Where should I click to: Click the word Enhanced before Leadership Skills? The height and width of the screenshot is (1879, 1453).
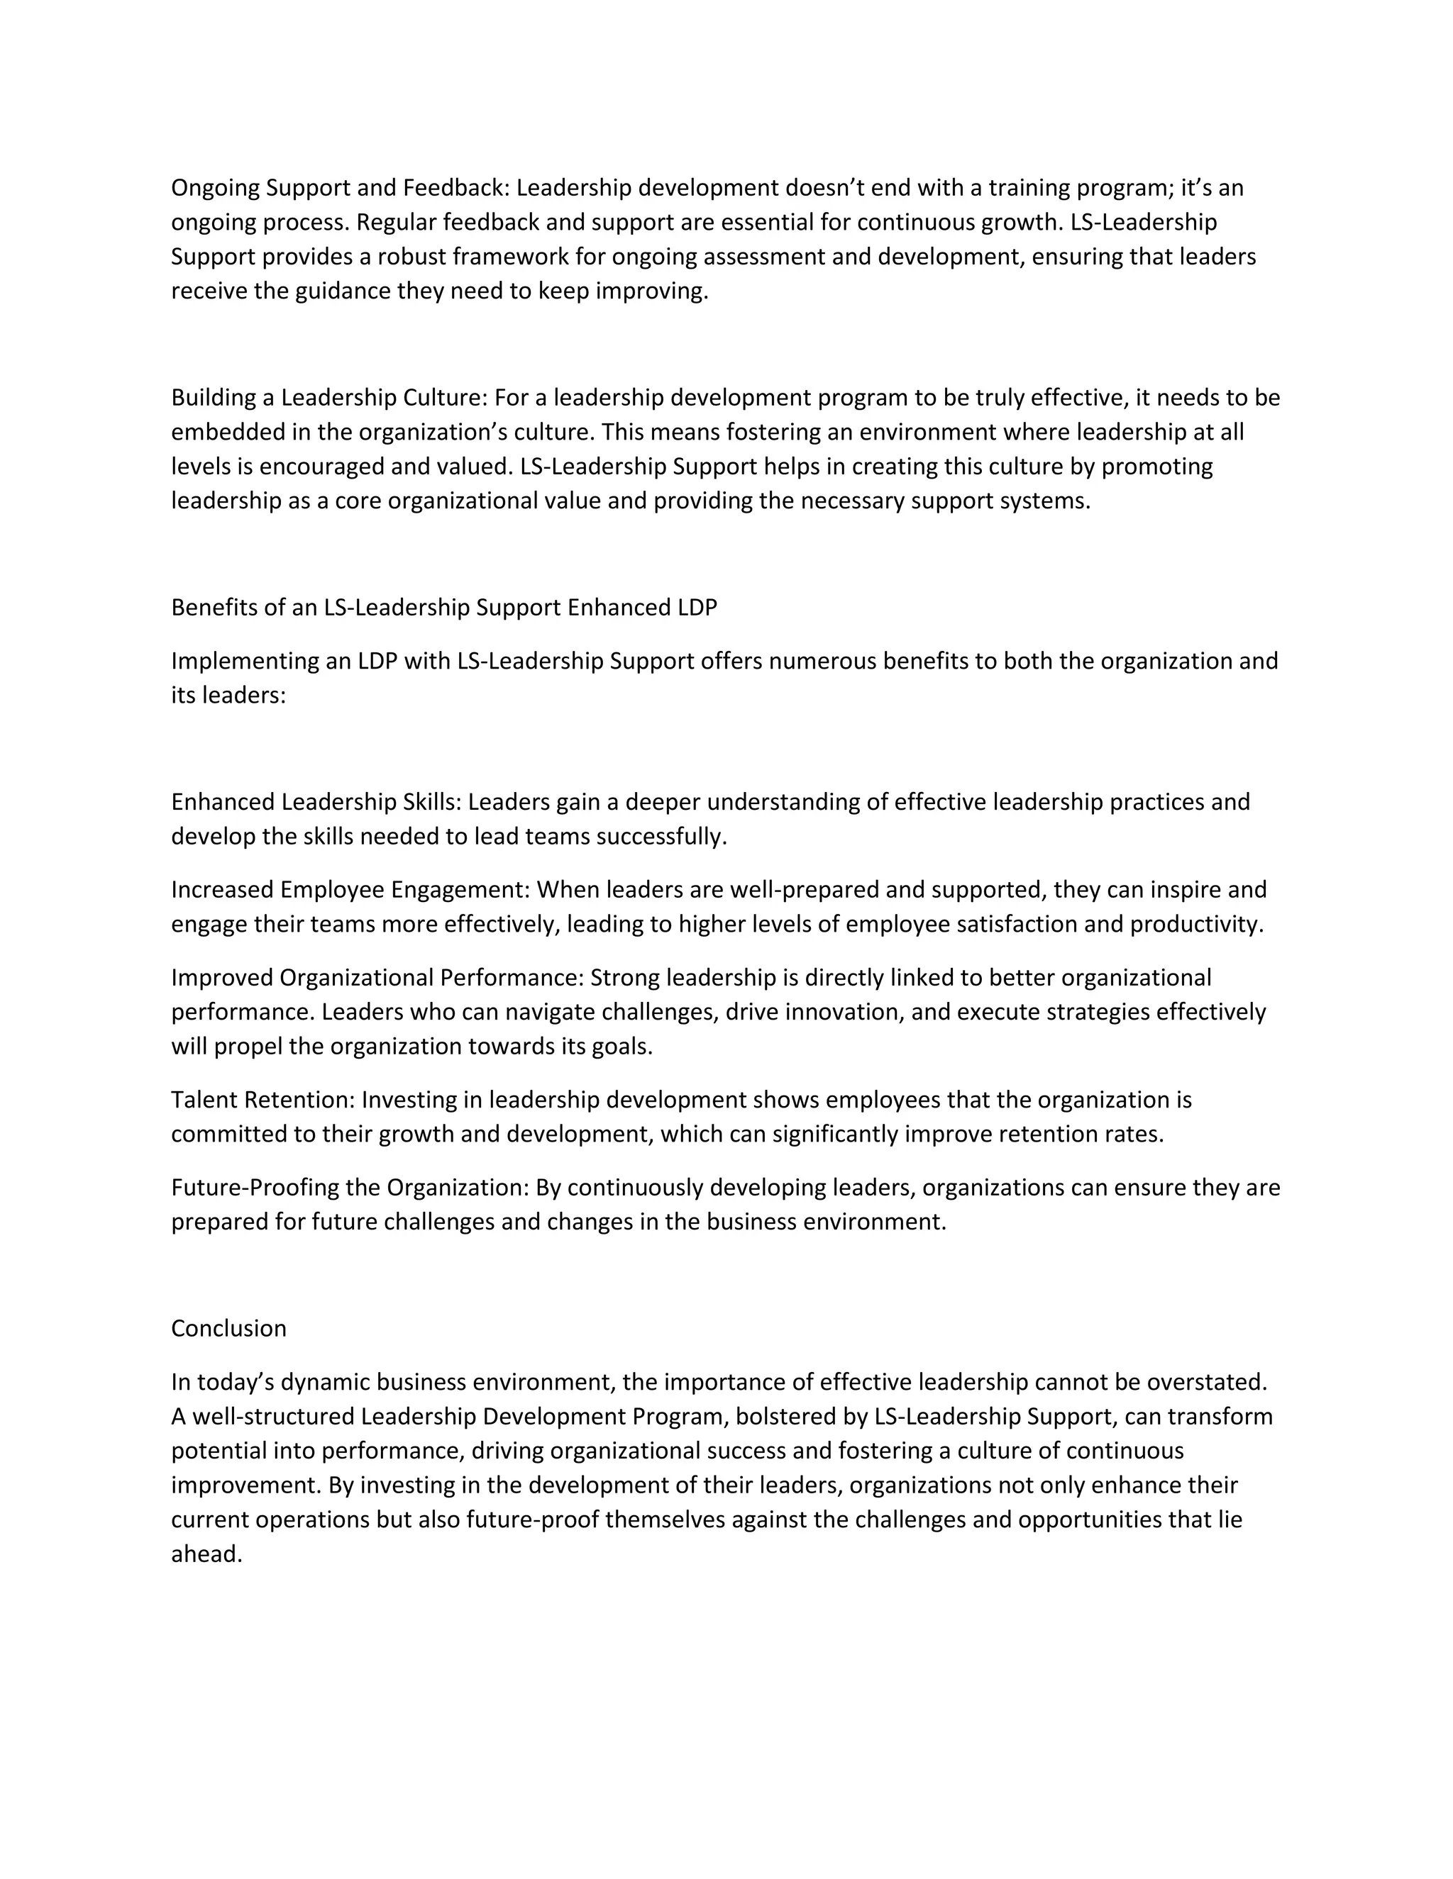click(x=223, y=802)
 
